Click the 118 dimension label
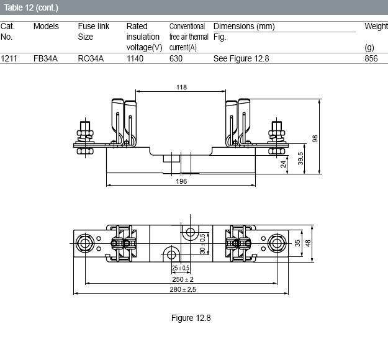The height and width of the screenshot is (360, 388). tap(181, 88)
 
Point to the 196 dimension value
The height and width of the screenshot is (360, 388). tap(181, 181)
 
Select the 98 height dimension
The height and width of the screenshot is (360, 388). tap(315, 138)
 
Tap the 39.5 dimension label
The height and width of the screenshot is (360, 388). tap(300, 159)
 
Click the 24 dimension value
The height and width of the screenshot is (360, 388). tap(283, 164)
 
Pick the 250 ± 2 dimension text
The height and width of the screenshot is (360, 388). tap(183, 279)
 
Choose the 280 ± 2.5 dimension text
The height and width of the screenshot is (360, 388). tap(183, 289)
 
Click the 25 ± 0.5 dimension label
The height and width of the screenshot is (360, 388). tap(181, 268)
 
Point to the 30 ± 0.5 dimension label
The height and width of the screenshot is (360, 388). tap(202, 244)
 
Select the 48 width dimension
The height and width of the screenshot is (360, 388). tap(308, 243)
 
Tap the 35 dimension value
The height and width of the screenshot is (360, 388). tap(297, 243)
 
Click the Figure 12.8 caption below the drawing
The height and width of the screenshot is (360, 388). tap(191, 318)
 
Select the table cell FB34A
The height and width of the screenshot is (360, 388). tap(45, 58)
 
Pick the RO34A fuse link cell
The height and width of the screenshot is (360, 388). tap(91, 58)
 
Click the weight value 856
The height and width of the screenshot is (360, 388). tap(371, 58)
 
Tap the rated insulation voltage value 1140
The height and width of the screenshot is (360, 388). tap(135, 58)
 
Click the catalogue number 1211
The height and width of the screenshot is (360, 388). tap(9, 58)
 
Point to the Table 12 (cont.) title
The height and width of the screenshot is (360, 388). tap(31, 7)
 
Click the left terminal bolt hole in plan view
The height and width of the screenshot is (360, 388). tap(85, 243)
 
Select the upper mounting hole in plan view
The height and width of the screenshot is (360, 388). tap(191, 232)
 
